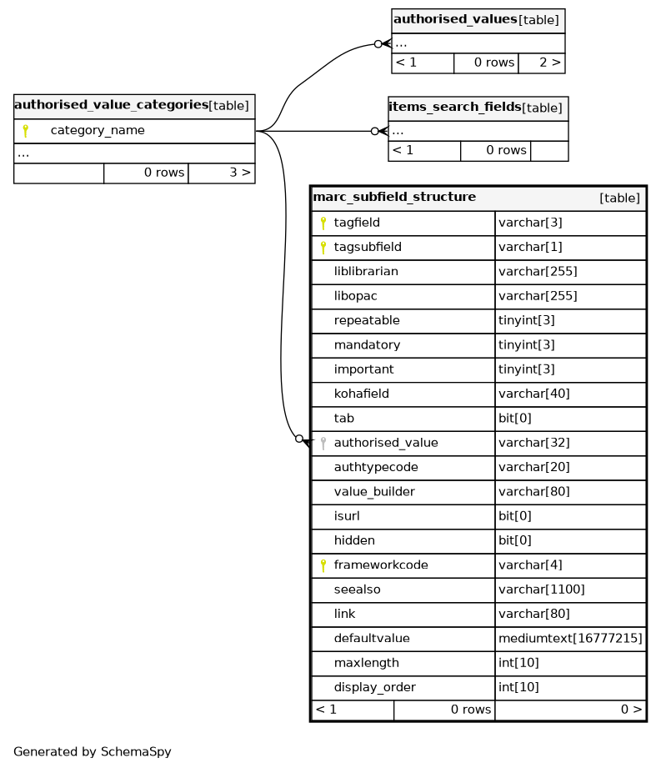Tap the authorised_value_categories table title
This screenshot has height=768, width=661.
point(111,105)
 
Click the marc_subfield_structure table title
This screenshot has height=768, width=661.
point(393,197)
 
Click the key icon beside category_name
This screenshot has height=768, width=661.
point(25,131)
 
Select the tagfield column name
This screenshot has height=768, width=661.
point(357,223)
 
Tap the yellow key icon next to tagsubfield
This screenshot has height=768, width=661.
point(323,247)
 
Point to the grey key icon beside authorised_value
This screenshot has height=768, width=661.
point(323,443)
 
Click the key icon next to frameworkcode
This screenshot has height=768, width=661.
point(323,565)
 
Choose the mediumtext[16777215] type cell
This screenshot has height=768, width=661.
point(570,639)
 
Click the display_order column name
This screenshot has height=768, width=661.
point(374,688)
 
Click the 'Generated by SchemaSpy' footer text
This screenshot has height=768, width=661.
point(93,751)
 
